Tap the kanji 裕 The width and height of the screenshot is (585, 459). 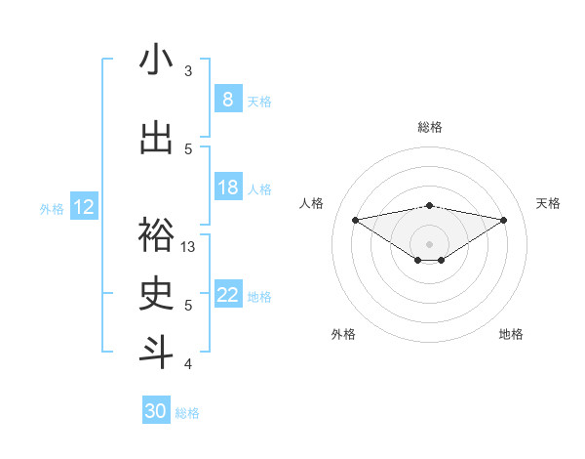click(x=156, y=235)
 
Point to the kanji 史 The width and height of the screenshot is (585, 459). click(x=156, y=294)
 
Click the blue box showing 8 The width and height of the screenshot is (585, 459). click(x=227, y=100)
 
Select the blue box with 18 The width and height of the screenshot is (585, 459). click(x=227, y=188)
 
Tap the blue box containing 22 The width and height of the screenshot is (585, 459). click(x=227, y=295)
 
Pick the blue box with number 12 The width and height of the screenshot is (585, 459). click(x=83, y=207)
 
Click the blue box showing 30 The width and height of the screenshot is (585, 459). click(x=156, y=411)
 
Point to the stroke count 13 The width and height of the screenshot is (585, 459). click(x=188, y=247)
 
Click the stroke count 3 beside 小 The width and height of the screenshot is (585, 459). click(x=188, y=71)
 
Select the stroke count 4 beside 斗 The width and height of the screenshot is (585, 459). click(x=188, y=364)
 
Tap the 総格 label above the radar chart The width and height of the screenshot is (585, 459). click(x=430, y=127)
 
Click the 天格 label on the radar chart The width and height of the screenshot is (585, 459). click(x=548, y=203)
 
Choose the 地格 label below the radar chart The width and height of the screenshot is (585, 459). click(x=511, y=334)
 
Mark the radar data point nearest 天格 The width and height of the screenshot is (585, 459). click(x=504, y=220)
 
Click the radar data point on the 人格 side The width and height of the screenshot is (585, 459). click(x=355, y=220)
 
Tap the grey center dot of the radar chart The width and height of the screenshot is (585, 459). click(x=429, y=243)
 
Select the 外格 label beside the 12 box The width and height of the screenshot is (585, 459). click(x=52, y=208)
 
